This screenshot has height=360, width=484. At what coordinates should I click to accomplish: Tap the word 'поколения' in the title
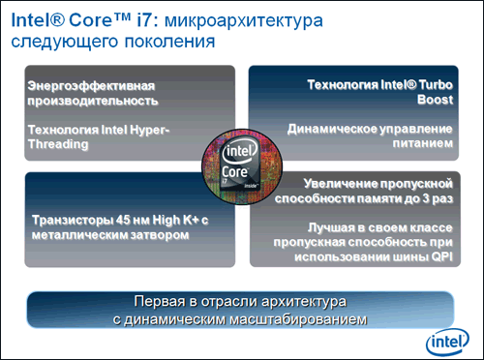click(162, 43)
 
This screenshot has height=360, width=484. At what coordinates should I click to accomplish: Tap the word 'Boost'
click(433, 99)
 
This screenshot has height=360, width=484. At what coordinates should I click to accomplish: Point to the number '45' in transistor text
click(116, 220)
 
